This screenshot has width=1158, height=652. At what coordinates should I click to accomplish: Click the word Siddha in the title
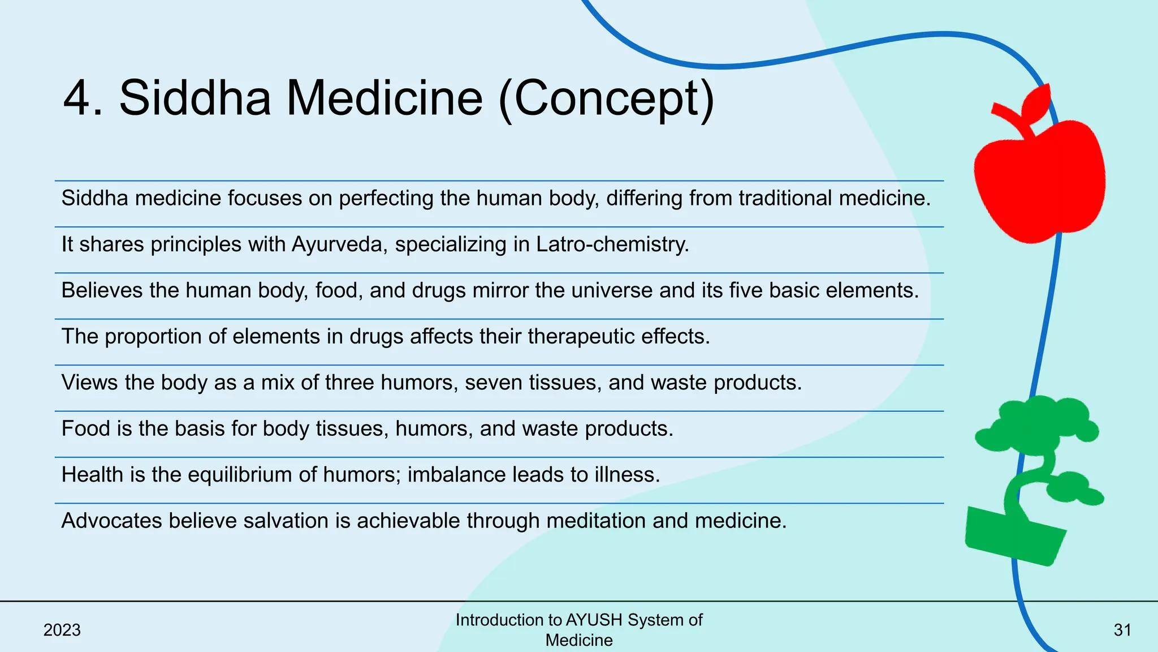195,98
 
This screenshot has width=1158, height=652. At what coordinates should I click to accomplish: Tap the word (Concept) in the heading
607,98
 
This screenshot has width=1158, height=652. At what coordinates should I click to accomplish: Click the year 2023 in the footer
62,630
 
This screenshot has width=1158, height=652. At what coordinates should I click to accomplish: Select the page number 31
1122,630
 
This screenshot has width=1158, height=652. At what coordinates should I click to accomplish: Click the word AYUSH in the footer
594,620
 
